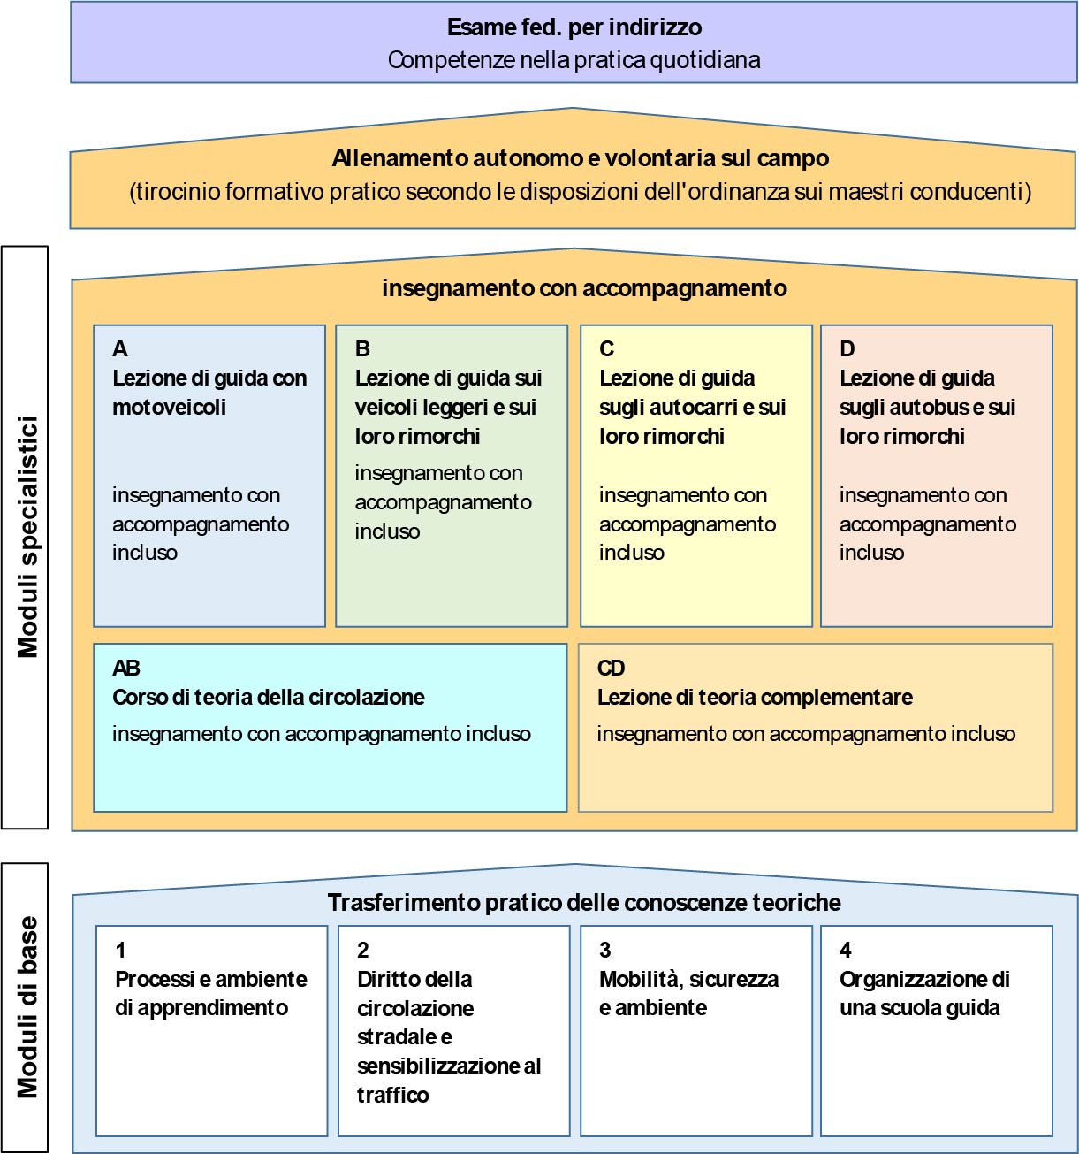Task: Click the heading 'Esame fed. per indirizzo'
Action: pyautogui.click(x=574, y=27)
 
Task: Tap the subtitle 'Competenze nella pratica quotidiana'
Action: pyautogui.click(x=574, y=60)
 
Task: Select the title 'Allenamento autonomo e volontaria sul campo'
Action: pyautogui.click(x=581, y=157)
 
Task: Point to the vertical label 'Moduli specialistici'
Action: pyautogui.click(x=27, y=537)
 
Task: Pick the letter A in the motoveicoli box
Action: pyautogui.click(x=119, y=348)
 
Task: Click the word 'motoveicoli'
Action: pyautogui.click(x=169, y=407)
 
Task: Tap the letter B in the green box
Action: pyautogui.click(x=362, y=348)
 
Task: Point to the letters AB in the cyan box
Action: pyautogui.click(x=126, y=668)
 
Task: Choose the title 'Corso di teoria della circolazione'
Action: pyautogui.click(x=269, y=697)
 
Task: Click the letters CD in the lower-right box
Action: pyautogui.click(x=611, y=668)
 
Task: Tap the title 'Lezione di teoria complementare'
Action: pyautogui.click(x=755, y=697)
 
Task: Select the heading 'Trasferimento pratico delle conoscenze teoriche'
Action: pyautogui.click(x=584, y=902)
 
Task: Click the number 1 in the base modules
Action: pyautogui.click(x=120, y=950)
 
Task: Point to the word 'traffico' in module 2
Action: pyautogui.click(x=392, y=1095)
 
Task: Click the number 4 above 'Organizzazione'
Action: pyautogui.click(x=846, y=950)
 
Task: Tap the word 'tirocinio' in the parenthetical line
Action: pyautogui.click(x=175, y=191)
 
